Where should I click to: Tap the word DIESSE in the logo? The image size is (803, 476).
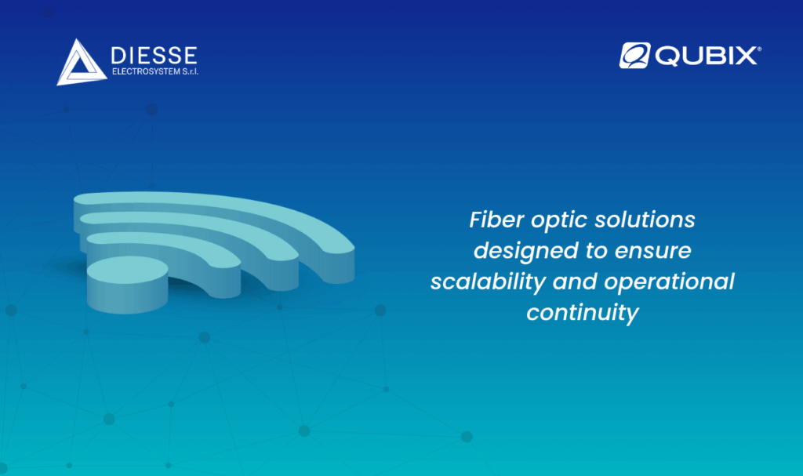pyautogui.click(x=154, y=56)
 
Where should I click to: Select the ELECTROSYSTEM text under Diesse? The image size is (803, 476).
pyautogui.click(x=146, y=71)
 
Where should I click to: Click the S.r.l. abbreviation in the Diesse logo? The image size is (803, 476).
pyautogui.click(x=190, y=71)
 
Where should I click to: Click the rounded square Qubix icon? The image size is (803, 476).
pyautogui.click(x=634, y=56)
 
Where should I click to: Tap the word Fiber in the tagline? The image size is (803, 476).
pyautogui.click(x=496, y=220)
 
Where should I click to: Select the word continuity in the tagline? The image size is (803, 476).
pyautogui.click(x=583, y=314)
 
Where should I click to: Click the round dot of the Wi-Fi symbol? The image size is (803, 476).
pyautogui.click(x=128, y=285)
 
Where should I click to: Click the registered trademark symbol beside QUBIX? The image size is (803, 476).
pyautogui.click(x=759, y=49)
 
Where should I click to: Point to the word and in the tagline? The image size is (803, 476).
pyautogui.click(x=575, y=282)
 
